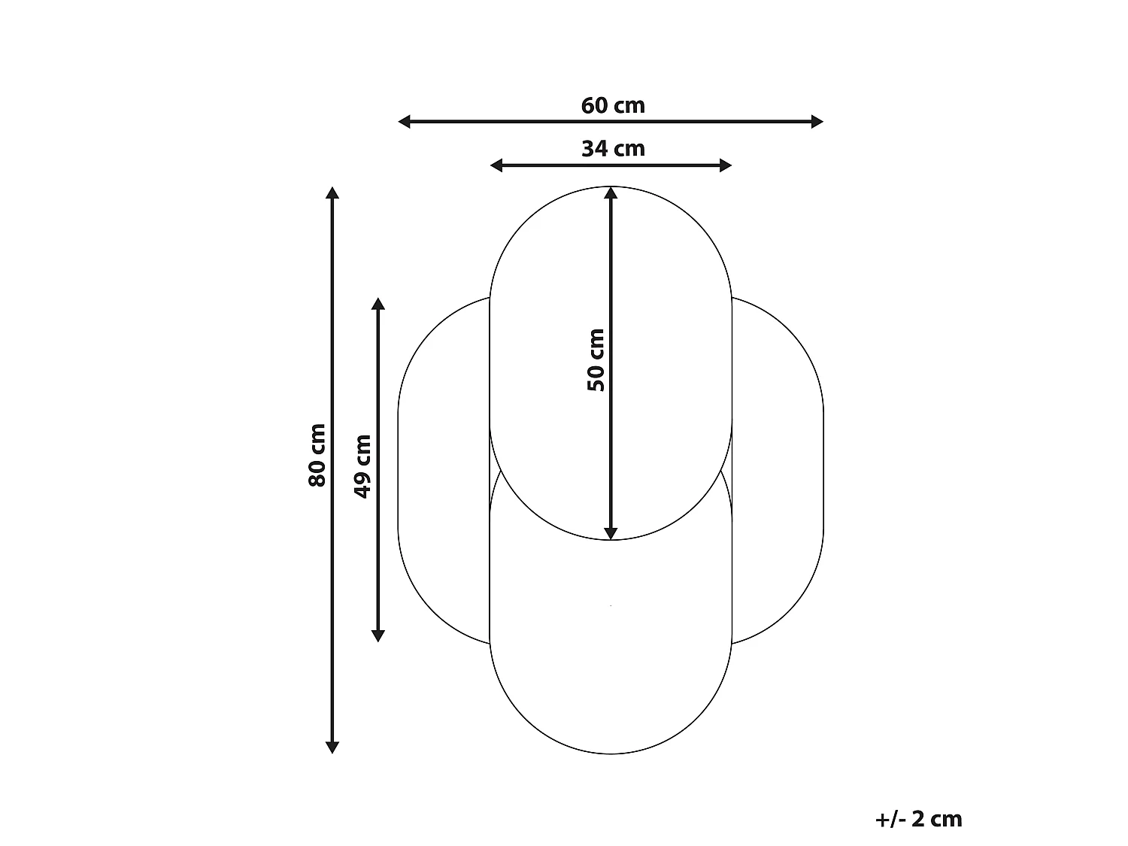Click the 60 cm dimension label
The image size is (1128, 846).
coord(613,105)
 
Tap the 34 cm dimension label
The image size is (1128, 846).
coord(613,148)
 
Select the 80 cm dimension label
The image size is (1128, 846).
coord(317,455)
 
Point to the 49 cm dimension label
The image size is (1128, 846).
coord(362,466)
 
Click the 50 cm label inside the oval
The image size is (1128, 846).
coord(596,360)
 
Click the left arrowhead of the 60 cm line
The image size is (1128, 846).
coord(404,122)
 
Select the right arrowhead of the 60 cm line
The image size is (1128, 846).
coord(817,122)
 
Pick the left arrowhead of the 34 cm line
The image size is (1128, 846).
coord(496,165)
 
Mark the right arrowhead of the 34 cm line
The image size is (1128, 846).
coord(726,165)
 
